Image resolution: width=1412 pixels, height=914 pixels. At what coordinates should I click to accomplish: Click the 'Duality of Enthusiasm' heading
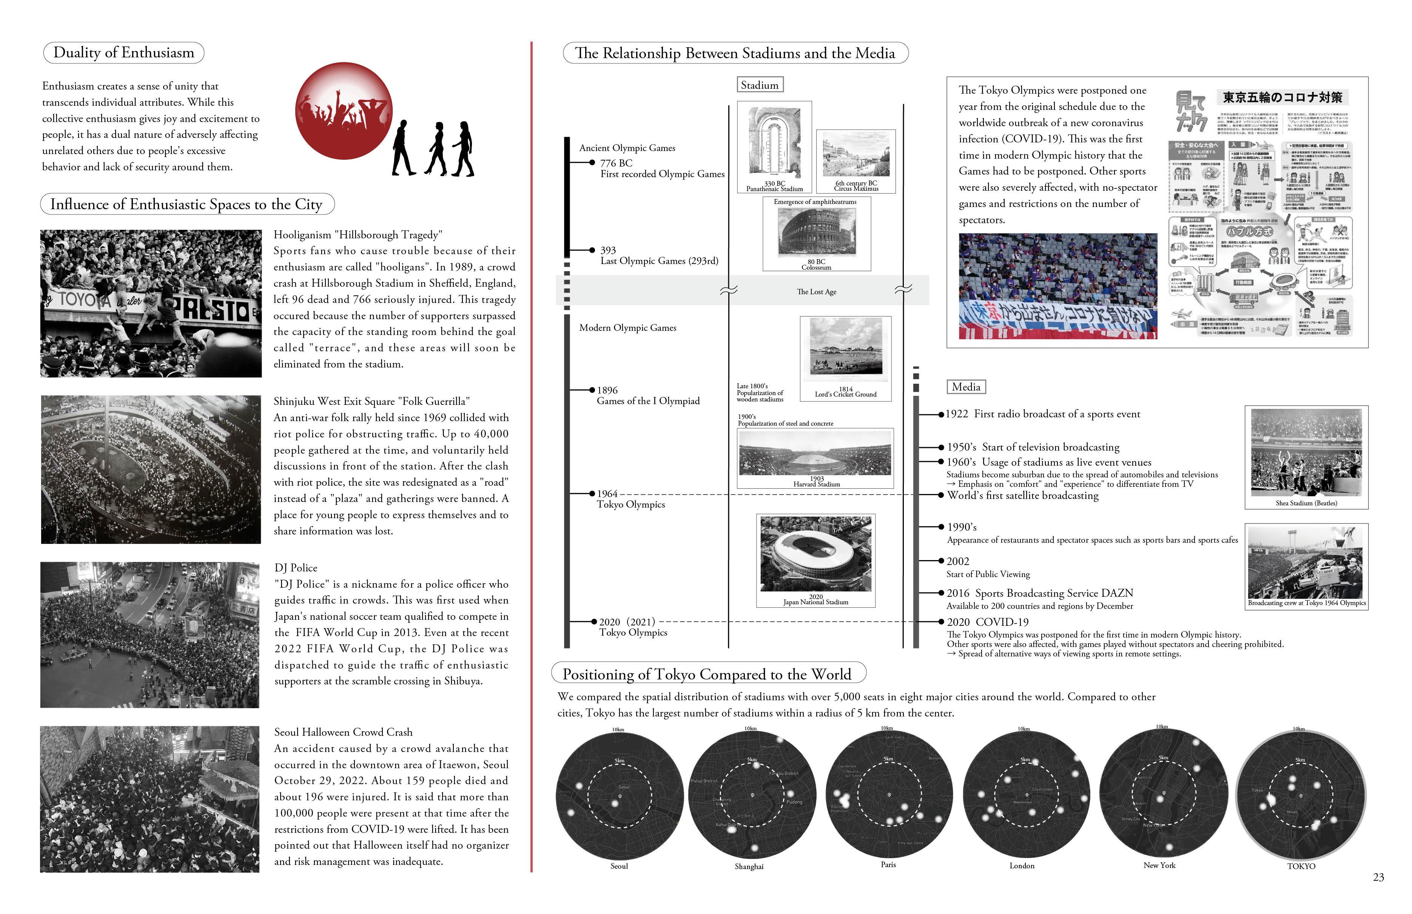point(123,53)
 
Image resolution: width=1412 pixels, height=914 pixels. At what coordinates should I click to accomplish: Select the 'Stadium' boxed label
point(759,85)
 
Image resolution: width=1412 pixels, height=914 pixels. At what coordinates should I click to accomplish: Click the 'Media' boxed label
point(966,387)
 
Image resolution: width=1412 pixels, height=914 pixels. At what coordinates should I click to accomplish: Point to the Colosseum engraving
point(816,232)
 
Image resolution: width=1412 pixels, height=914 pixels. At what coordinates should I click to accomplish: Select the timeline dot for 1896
point(592,390)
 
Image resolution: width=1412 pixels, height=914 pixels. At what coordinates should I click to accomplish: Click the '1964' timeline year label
point(607,494)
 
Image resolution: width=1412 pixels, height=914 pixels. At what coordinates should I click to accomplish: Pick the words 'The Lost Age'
point(816,292)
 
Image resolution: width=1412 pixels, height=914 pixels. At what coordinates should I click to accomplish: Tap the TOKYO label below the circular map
point(1301,866)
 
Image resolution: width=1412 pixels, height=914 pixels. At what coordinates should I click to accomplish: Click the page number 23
point(1378,877)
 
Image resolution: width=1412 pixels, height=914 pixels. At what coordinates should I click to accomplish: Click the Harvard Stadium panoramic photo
point(815,453)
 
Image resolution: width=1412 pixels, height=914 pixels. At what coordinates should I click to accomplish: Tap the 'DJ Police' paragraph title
point(296,568)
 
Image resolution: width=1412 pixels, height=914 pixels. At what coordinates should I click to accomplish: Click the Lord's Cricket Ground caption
point(845,394)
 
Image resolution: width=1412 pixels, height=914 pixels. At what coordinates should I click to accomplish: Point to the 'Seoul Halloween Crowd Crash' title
point(343,732)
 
